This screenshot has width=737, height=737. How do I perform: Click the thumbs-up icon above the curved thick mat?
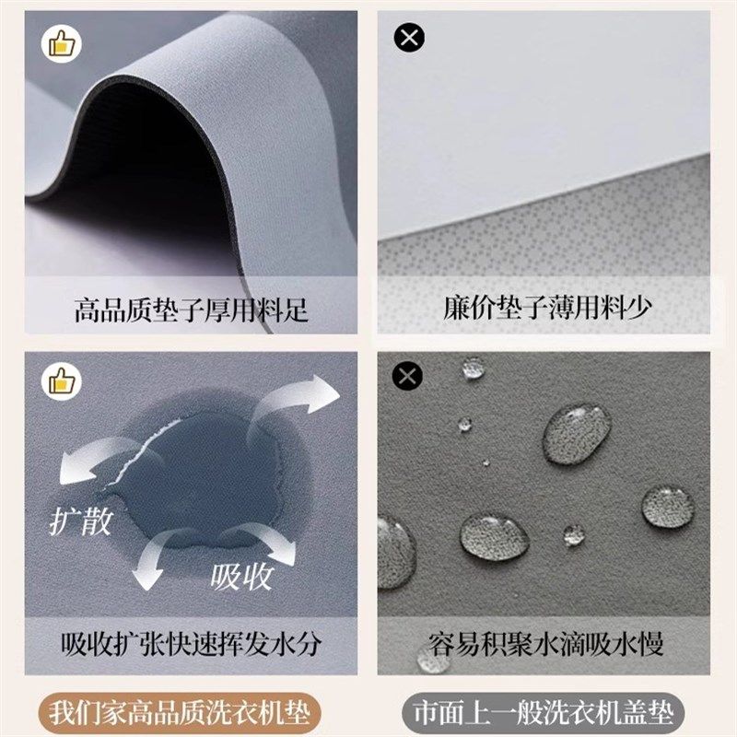coord(58,42)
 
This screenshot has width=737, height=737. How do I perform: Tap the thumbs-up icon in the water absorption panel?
coord(58,379)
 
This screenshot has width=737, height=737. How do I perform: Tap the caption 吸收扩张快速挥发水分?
coord(192,643)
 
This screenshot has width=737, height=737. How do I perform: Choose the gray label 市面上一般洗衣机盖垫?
coord(551,711)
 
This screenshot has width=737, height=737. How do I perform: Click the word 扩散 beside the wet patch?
coord(80,521)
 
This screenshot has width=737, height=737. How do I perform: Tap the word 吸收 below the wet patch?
coord(241,577)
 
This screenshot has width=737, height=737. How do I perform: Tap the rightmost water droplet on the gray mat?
coord(667,507)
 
